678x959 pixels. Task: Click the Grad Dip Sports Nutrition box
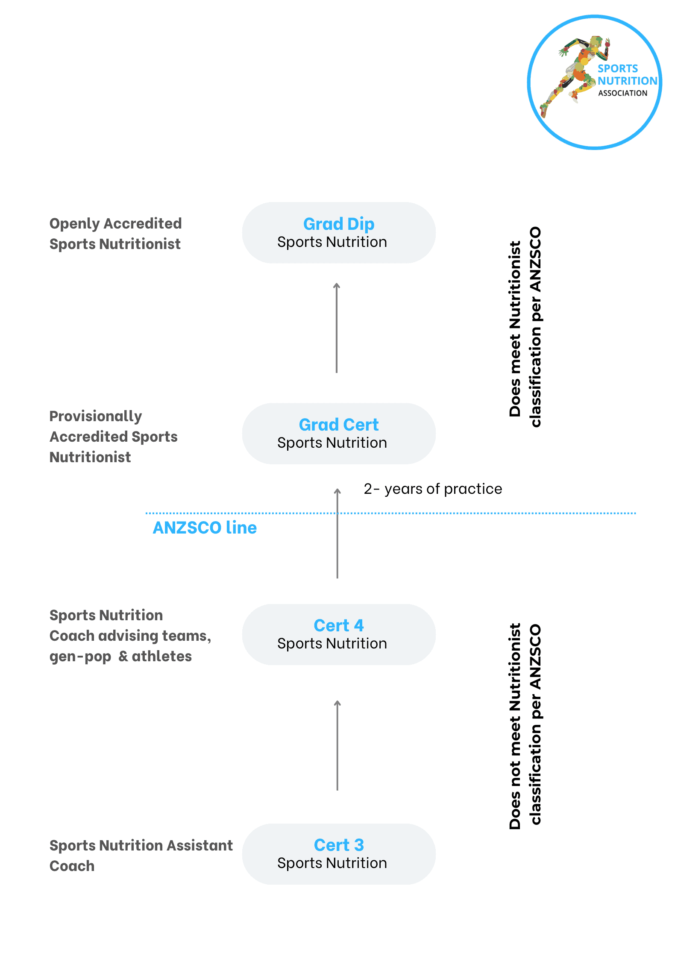tap(339, 233)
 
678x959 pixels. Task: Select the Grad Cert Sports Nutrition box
tap(339, 434)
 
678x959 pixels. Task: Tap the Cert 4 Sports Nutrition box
tap(339, 634)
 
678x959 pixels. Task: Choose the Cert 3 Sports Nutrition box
tap(339, 854)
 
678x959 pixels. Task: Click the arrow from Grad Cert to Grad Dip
tap(337, 328)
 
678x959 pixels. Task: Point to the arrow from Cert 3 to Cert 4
tap(338, 745)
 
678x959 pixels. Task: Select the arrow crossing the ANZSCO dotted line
tap(338, 533)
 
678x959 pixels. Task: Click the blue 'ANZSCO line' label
tap(205, 528)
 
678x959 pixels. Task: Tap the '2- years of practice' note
tap(433, 489)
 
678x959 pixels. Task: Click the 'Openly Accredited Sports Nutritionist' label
tap(115, 234)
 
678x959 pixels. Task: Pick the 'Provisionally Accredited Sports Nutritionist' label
tap(113, 437)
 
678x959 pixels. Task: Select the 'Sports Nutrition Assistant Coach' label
tap(141, 856)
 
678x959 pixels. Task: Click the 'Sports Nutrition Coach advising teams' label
tap(130, 636)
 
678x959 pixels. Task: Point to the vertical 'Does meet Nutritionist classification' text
tap(525, 327)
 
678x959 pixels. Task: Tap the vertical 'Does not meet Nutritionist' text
tap(525, 726)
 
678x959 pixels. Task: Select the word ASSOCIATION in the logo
tap(622, 93)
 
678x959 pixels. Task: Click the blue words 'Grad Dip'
tap(339, 224)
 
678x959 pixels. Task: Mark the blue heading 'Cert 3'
tap(339, 845)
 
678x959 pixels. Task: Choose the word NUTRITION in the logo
tap(627, 81)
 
